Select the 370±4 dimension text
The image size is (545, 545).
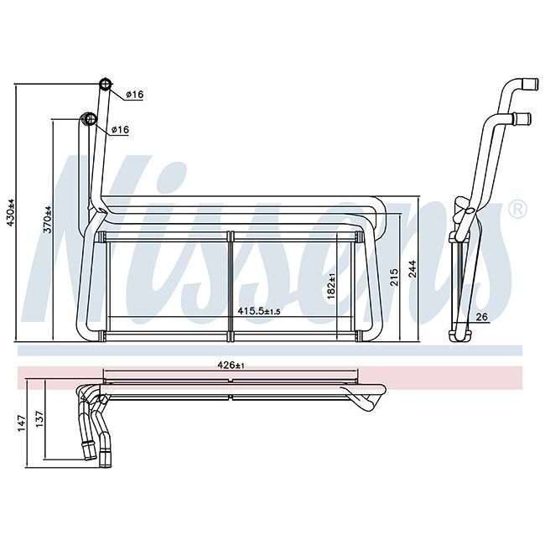[x=48, y=220]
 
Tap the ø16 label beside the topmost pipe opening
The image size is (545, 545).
[x=134, y=95]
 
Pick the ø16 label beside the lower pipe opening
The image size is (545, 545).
[x=119, y=129]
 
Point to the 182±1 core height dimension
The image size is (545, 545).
[x=332, y=287]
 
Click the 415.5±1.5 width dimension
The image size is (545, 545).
[x=258, y=311]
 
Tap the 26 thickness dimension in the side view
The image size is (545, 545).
[x=482, y=317]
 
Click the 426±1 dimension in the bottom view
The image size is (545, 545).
[x=228, y=366]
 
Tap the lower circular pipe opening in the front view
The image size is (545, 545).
[x=87, y=119]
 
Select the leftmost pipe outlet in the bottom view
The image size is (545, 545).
[x=86, y=454]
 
